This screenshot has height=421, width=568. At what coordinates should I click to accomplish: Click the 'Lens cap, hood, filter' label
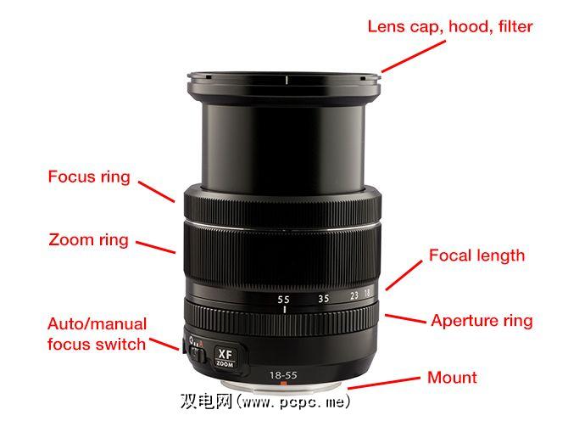point(450,27)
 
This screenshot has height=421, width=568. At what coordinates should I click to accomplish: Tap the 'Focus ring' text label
point(89,177)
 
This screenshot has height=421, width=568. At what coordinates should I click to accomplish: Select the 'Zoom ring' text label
point(89,239)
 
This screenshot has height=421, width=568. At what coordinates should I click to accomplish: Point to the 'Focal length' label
point(476,255)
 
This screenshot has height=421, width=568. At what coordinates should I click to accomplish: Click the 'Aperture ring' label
point(482,321)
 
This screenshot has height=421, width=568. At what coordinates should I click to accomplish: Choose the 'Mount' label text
point(452,378)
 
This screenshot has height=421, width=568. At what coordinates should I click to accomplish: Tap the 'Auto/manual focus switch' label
point(97,334)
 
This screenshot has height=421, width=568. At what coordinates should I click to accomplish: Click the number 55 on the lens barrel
point(284,300)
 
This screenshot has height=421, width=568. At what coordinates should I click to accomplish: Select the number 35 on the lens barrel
point(324,299)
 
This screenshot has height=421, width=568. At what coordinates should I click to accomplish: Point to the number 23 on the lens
point(354,295)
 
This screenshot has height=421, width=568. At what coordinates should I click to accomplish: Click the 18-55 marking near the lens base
point(283,375)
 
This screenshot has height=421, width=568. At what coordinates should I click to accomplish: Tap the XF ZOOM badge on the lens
point(225,356)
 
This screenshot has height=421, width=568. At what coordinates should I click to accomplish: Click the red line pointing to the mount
point(384,384)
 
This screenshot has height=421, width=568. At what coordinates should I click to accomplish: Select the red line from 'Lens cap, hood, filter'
point(414,56)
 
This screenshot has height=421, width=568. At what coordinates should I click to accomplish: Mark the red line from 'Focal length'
point(404,275)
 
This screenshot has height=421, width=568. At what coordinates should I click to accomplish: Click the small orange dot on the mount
point(284,384)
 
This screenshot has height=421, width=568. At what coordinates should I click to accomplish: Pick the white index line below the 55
point(285,310)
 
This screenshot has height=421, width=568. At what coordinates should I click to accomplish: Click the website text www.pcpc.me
point(294,402)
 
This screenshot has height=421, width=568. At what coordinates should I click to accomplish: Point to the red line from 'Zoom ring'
point(156,247)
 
